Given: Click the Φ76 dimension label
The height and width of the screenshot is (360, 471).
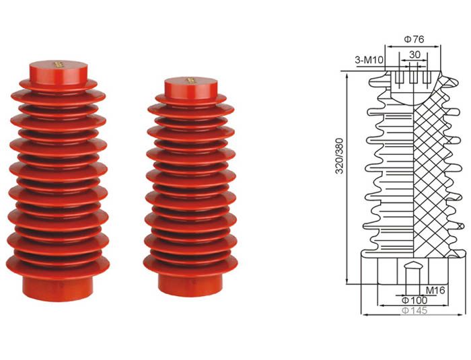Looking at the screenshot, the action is (414, 40).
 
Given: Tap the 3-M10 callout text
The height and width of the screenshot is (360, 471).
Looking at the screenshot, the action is (369, 60).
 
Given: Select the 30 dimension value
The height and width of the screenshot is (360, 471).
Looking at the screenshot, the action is (414, 55).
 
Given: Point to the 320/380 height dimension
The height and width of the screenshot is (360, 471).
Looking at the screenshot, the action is (339, 156).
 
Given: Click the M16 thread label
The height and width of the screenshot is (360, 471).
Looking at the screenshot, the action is (435, 290).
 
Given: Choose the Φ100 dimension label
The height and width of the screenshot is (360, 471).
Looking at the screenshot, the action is (414, 300).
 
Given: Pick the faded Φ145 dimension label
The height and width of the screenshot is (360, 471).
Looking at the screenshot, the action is (414, 311).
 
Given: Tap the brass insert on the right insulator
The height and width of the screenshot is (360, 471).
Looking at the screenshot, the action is (190, 81).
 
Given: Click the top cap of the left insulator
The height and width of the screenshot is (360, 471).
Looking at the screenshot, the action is (59, 73).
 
